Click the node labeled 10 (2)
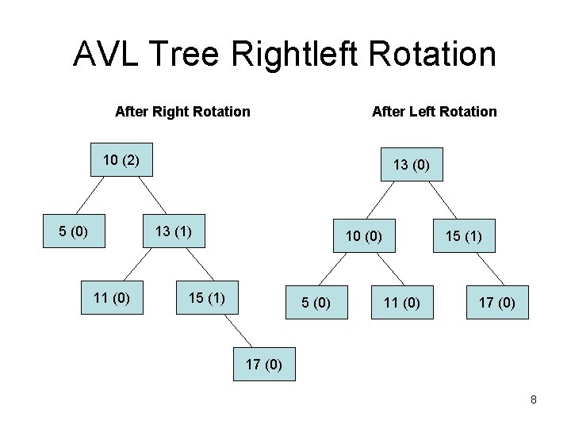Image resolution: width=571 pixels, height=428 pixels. coord(121,160)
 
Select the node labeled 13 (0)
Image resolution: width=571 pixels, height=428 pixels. coord(411,165)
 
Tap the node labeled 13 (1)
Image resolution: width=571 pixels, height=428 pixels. coord(172,231)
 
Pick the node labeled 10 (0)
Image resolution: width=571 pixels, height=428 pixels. coord(363,235)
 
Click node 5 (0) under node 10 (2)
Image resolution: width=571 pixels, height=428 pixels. coord(73,231)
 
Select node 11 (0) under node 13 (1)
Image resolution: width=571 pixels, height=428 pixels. coord(112,298)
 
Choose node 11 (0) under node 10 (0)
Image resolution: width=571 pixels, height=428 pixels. coord(402,302)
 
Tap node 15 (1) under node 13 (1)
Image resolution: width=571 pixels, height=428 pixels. coord(206,298)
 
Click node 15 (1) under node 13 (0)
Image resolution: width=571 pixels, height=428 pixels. coord(464,235)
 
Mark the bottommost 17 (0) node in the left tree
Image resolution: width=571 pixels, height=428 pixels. coord(264,365)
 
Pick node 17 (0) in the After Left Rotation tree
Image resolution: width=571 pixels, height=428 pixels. coord(496,302)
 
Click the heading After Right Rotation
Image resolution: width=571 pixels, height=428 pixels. coord(182,112)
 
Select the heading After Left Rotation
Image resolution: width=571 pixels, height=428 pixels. coord(434,112)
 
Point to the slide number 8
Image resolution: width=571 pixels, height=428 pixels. coord(534,399)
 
